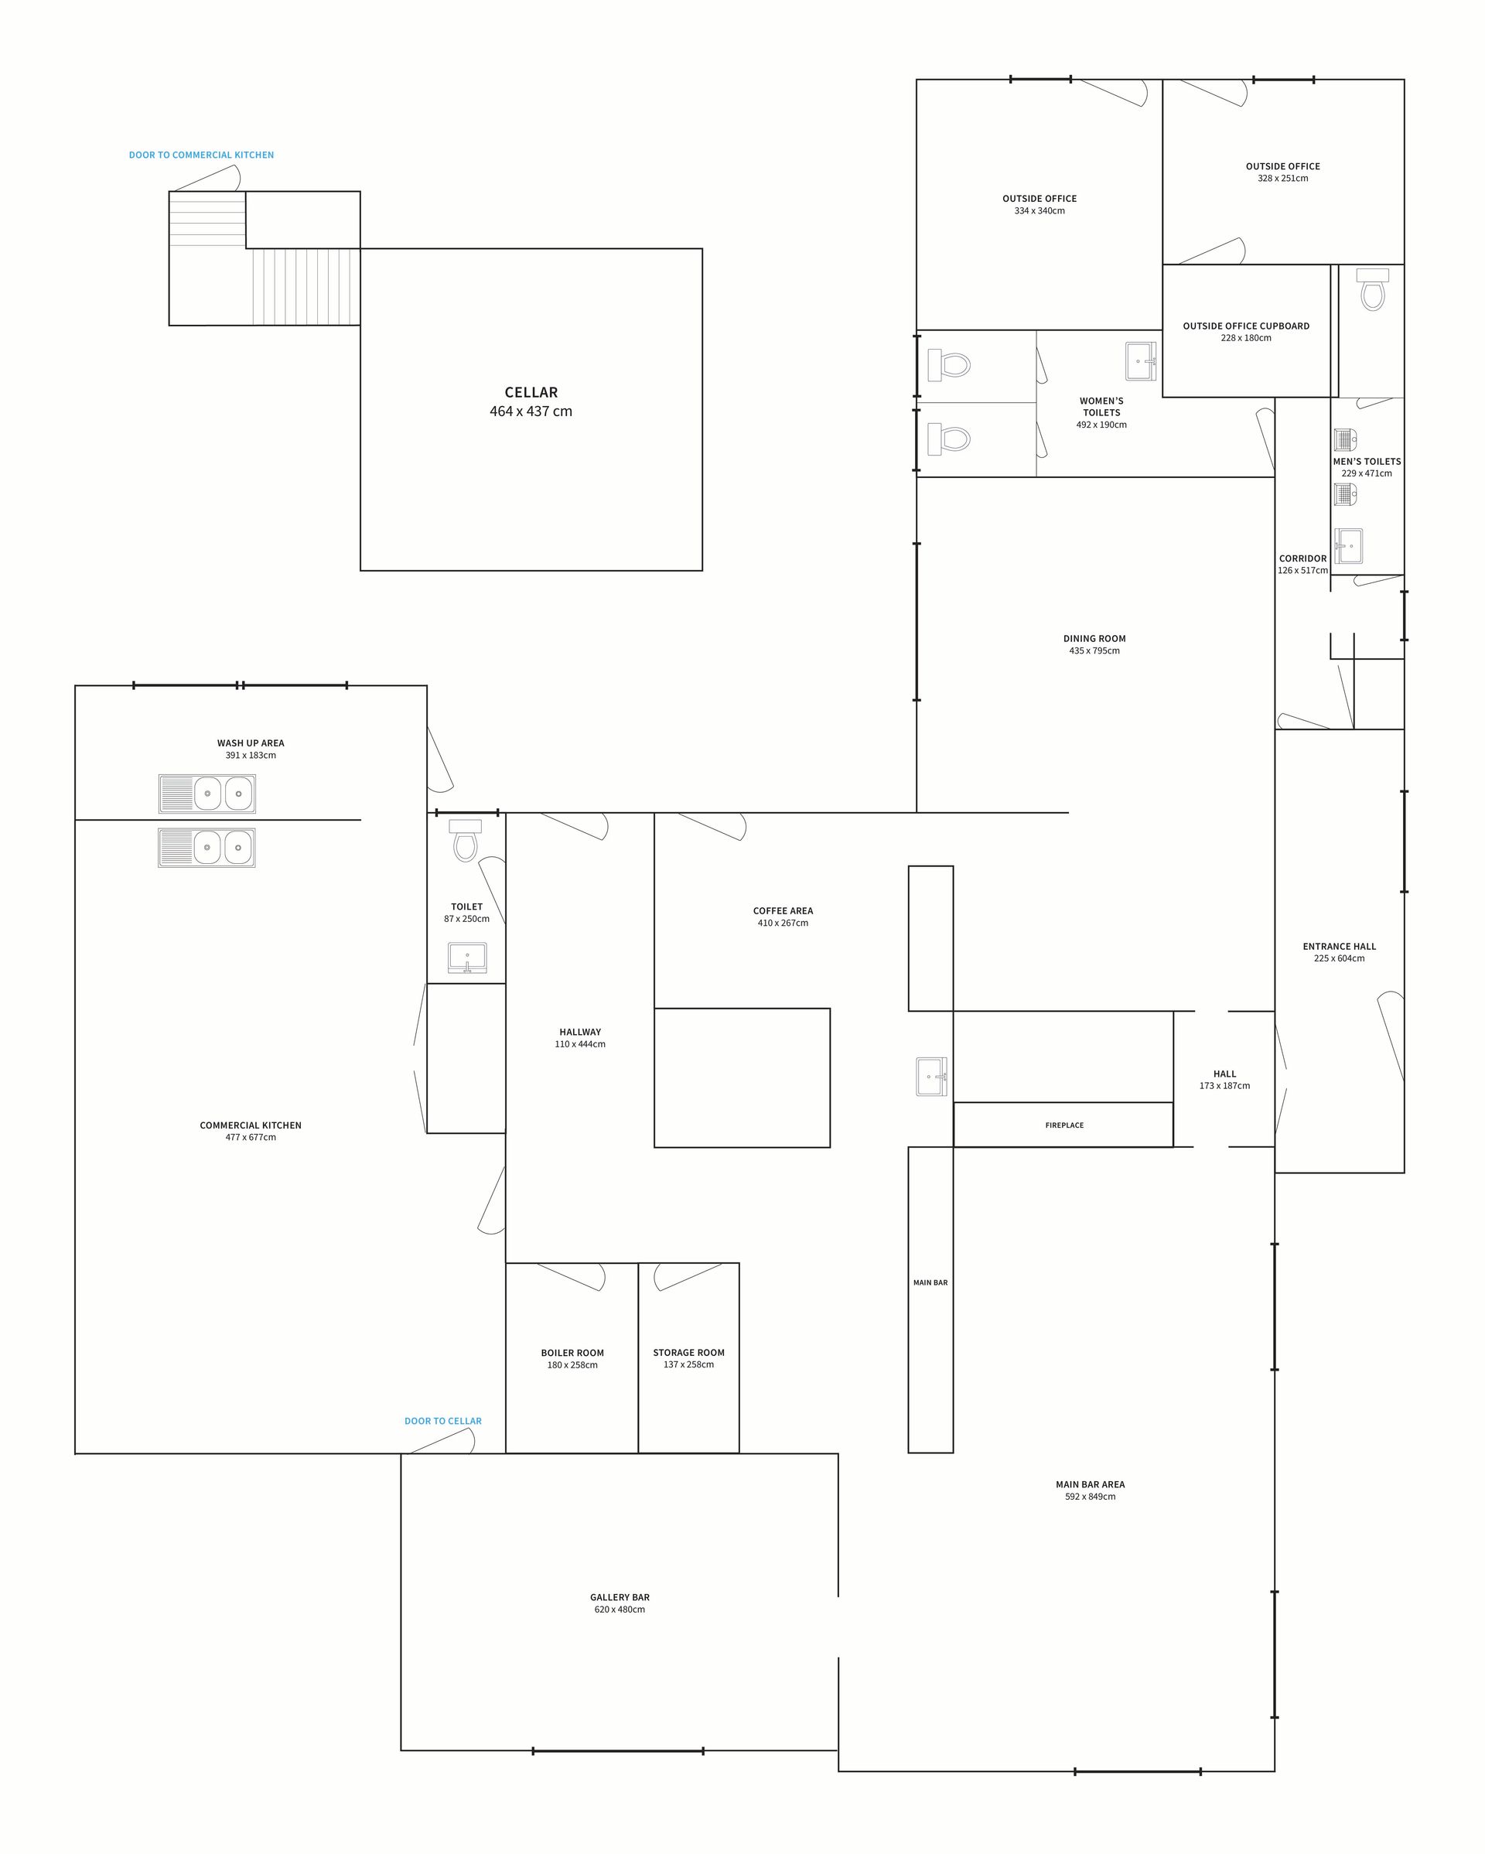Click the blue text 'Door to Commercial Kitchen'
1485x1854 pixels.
point(201,155)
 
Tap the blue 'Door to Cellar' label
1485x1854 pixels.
point(443,1421)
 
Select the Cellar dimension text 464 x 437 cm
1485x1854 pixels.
point(531,411)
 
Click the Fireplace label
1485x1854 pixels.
point(1063,1125)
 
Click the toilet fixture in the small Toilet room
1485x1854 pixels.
point(465,840)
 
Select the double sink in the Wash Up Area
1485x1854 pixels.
point(207,793)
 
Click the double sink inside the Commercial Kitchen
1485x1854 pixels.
point(207,847)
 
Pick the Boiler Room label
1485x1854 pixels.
point(572,1352)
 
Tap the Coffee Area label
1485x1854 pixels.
point(783,910)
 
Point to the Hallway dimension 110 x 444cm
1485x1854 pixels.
point(579,1044)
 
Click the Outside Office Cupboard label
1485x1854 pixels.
point(1245,326)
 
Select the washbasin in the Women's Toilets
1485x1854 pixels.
point(1141,361)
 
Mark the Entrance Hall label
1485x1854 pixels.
point(1339,946)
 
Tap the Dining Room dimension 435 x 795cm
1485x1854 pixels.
point(1094,650)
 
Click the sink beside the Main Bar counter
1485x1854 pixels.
point(930,1077)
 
